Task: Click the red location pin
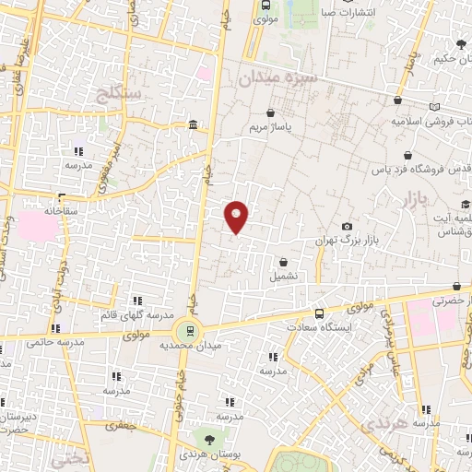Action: click(237, 217)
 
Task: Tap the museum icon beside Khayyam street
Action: click(192, 125)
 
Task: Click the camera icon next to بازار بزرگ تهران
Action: click(347, 227)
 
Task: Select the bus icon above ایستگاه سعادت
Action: click(319, 313)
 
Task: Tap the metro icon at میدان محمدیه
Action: click(191, 330)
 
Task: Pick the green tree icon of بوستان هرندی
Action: click(211, 440)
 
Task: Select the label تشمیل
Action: click(284, 275)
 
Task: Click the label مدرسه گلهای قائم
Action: click(137, 315)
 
